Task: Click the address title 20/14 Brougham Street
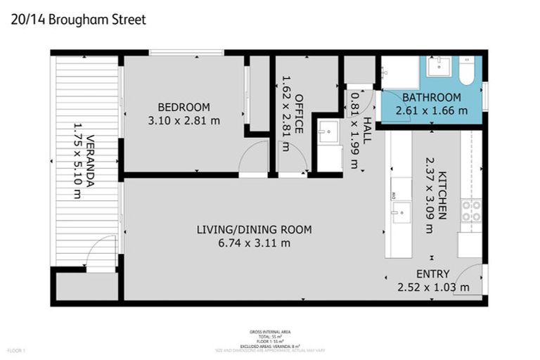coord(79,19)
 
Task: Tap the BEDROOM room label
coord(184,107)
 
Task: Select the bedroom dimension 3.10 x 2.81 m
coord(184,120)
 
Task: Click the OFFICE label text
coord(299,113)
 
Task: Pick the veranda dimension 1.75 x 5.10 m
coord(77,162)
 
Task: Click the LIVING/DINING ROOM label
coord(254,230)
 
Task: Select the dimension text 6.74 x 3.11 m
coord(254,243)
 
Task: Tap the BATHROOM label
coord(432,97)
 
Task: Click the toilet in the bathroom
coord(467,71)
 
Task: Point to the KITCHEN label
coord(442,195)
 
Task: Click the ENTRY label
coord(432,274)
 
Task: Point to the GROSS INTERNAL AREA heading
coord(270,330)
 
